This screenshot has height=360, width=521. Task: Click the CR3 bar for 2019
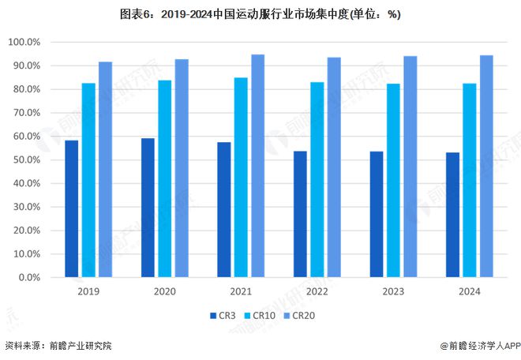71,209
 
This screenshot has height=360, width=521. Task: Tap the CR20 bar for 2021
257,166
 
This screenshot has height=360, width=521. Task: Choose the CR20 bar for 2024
486,167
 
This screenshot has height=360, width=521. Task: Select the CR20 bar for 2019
105,170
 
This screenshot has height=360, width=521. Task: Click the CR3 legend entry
223,316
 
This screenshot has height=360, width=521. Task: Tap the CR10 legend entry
260,316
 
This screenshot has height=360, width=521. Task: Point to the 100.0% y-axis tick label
24,42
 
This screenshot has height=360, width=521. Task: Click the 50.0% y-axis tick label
26,160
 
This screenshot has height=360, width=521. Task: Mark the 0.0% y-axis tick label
28,278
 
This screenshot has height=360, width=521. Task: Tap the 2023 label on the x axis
392,291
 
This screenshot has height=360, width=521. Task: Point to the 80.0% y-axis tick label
26,89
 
